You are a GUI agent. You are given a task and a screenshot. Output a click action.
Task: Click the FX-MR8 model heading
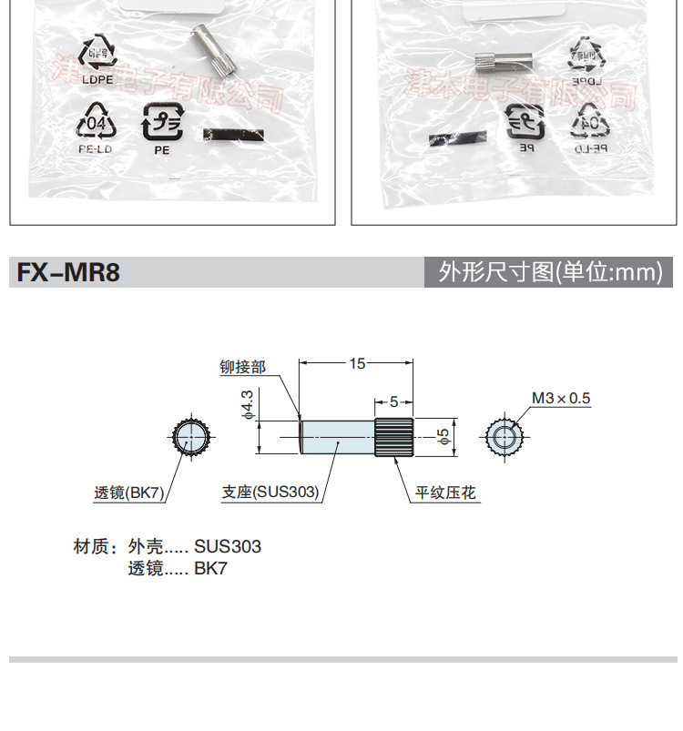coord(64,273)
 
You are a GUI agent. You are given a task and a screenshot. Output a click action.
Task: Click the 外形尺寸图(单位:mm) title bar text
coord(550,273)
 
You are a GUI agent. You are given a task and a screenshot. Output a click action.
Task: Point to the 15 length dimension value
coord(357,363)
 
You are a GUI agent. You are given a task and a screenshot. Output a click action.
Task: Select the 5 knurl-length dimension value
coord(393,401)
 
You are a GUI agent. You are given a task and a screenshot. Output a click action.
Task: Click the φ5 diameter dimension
coord(443,437)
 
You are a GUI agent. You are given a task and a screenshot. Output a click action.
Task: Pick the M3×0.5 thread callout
coord(561,398)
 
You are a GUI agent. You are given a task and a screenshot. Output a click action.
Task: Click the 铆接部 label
coord(242,367)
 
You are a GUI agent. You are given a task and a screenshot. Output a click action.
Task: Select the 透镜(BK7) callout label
coord(128,492)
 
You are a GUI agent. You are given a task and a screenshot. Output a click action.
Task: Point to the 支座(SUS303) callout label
coord(270,492)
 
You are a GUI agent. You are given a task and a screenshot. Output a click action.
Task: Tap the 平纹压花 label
coord(447,492)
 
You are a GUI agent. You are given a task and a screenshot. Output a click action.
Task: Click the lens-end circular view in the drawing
coord(191,438)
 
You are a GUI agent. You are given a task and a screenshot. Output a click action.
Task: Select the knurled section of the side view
coord(394,437)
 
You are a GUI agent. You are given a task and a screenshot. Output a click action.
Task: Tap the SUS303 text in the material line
coord(227,547)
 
